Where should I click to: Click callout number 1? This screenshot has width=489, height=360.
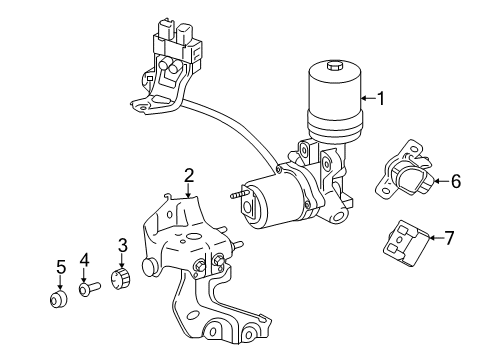[380, 99]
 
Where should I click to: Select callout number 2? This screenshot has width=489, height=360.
[189, 176]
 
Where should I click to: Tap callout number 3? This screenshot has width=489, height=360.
[123, 245]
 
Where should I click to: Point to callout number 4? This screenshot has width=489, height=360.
[84, 260]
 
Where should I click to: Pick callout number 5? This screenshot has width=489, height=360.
[61, 267]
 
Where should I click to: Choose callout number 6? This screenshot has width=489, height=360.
[456, 181]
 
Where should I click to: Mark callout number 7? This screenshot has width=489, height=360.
[449, 238]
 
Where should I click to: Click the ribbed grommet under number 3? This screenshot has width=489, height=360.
[121, 278]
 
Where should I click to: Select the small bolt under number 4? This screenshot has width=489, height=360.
[90, 288]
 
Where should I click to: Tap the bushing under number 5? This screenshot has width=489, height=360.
[58, 299]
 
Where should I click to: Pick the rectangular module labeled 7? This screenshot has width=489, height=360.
[406, 244]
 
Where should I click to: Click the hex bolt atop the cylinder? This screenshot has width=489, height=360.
[334, 66]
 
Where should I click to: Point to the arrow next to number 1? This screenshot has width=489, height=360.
[369, 98]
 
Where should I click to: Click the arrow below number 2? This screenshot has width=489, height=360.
[189, 190]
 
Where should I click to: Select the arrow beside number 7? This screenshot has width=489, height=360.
[436, 238]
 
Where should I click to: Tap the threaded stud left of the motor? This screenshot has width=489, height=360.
[239, 195]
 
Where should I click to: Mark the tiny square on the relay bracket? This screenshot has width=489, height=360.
[150, 79]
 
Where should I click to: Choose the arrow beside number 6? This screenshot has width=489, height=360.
[442, 181]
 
